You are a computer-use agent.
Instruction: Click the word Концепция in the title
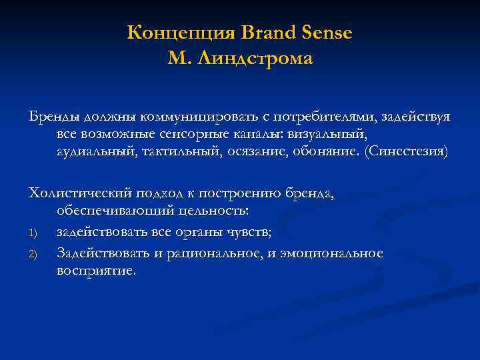(173, 33)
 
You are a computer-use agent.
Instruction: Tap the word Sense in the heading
(327, 33)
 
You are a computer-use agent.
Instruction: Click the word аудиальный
(97, 152)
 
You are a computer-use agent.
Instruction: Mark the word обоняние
(325, 152)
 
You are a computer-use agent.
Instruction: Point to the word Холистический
(79, 193)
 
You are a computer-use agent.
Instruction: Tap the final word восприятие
(96, 271)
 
